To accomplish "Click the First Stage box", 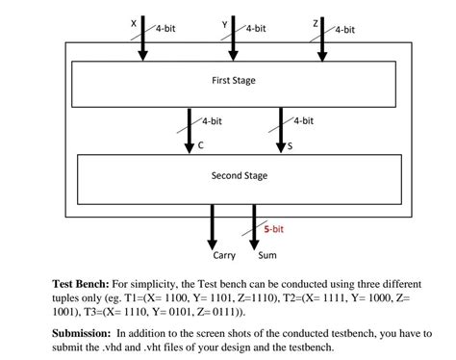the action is [233, 82].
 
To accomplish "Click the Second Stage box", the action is [239, 176].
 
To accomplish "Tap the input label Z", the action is [315, 23].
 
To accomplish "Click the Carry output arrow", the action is [213, 224].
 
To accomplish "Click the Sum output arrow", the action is [254, 224].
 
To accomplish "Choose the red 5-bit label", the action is [273, 229].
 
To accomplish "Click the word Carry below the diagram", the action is [223, 255].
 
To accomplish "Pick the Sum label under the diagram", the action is [267, 255].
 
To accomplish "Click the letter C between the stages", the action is [200, 145].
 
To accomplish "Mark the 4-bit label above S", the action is [303, 121].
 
